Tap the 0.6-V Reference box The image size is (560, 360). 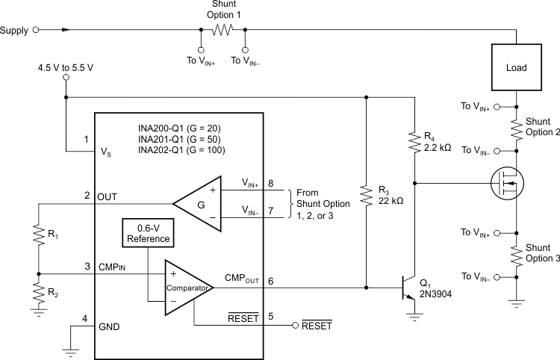(150, 233)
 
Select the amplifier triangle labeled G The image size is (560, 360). (198, 202)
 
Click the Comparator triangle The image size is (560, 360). (189, 287)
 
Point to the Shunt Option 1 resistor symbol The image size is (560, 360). (223, 30)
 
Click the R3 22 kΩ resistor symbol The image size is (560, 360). (366, 196)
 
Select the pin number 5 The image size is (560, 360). (270, 317)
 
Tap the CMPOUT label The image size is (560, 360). (240, 279)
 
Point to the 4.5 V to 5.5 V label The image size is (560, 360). (66, 66)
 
